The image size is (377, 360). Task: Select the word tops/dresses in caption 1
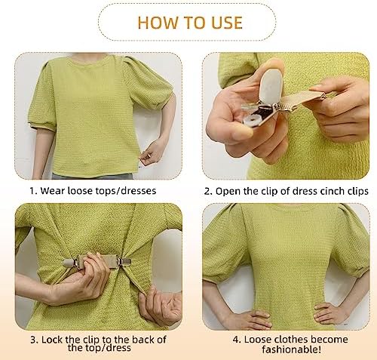[x=125, y=191]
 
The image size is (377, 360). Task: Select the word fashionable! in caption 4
[x=289, y=348]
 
